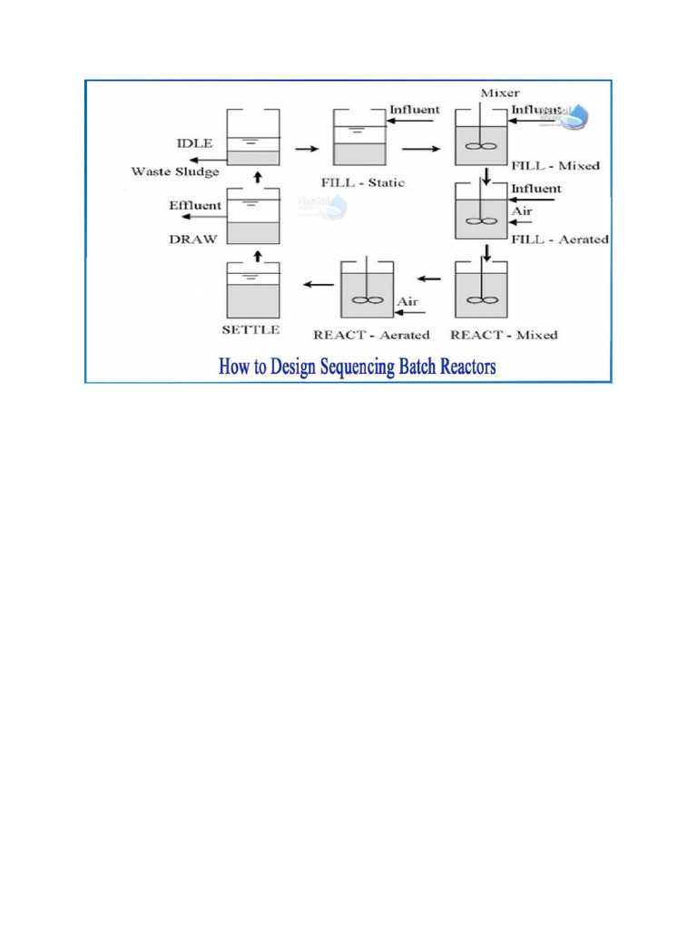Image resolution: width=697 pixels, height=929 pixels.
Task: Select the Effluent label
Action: [194, 206]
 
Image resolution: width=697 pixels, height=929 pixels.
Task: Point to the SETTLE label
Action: [250, 330]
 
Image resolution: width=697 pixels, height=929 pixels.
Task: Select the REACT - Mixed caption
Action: [504, 335]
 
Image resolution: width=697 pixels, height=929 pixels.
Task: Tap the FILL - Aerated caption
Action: [560, 240]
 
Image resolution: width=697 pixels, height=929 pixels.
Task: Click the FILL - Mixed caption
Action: [555, 166]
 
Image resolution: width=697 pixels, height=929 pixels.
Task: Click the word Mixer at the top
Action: [498, 93]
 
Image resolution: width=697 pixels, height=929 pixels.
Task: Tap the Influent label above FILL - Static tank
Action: [415, 110]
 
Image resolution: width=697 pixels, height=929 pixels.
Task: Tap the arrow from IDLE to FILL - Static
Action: [307, 147]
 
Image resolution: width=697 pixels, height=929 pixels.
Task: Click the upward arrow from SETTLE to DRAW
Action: [258, 253]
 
